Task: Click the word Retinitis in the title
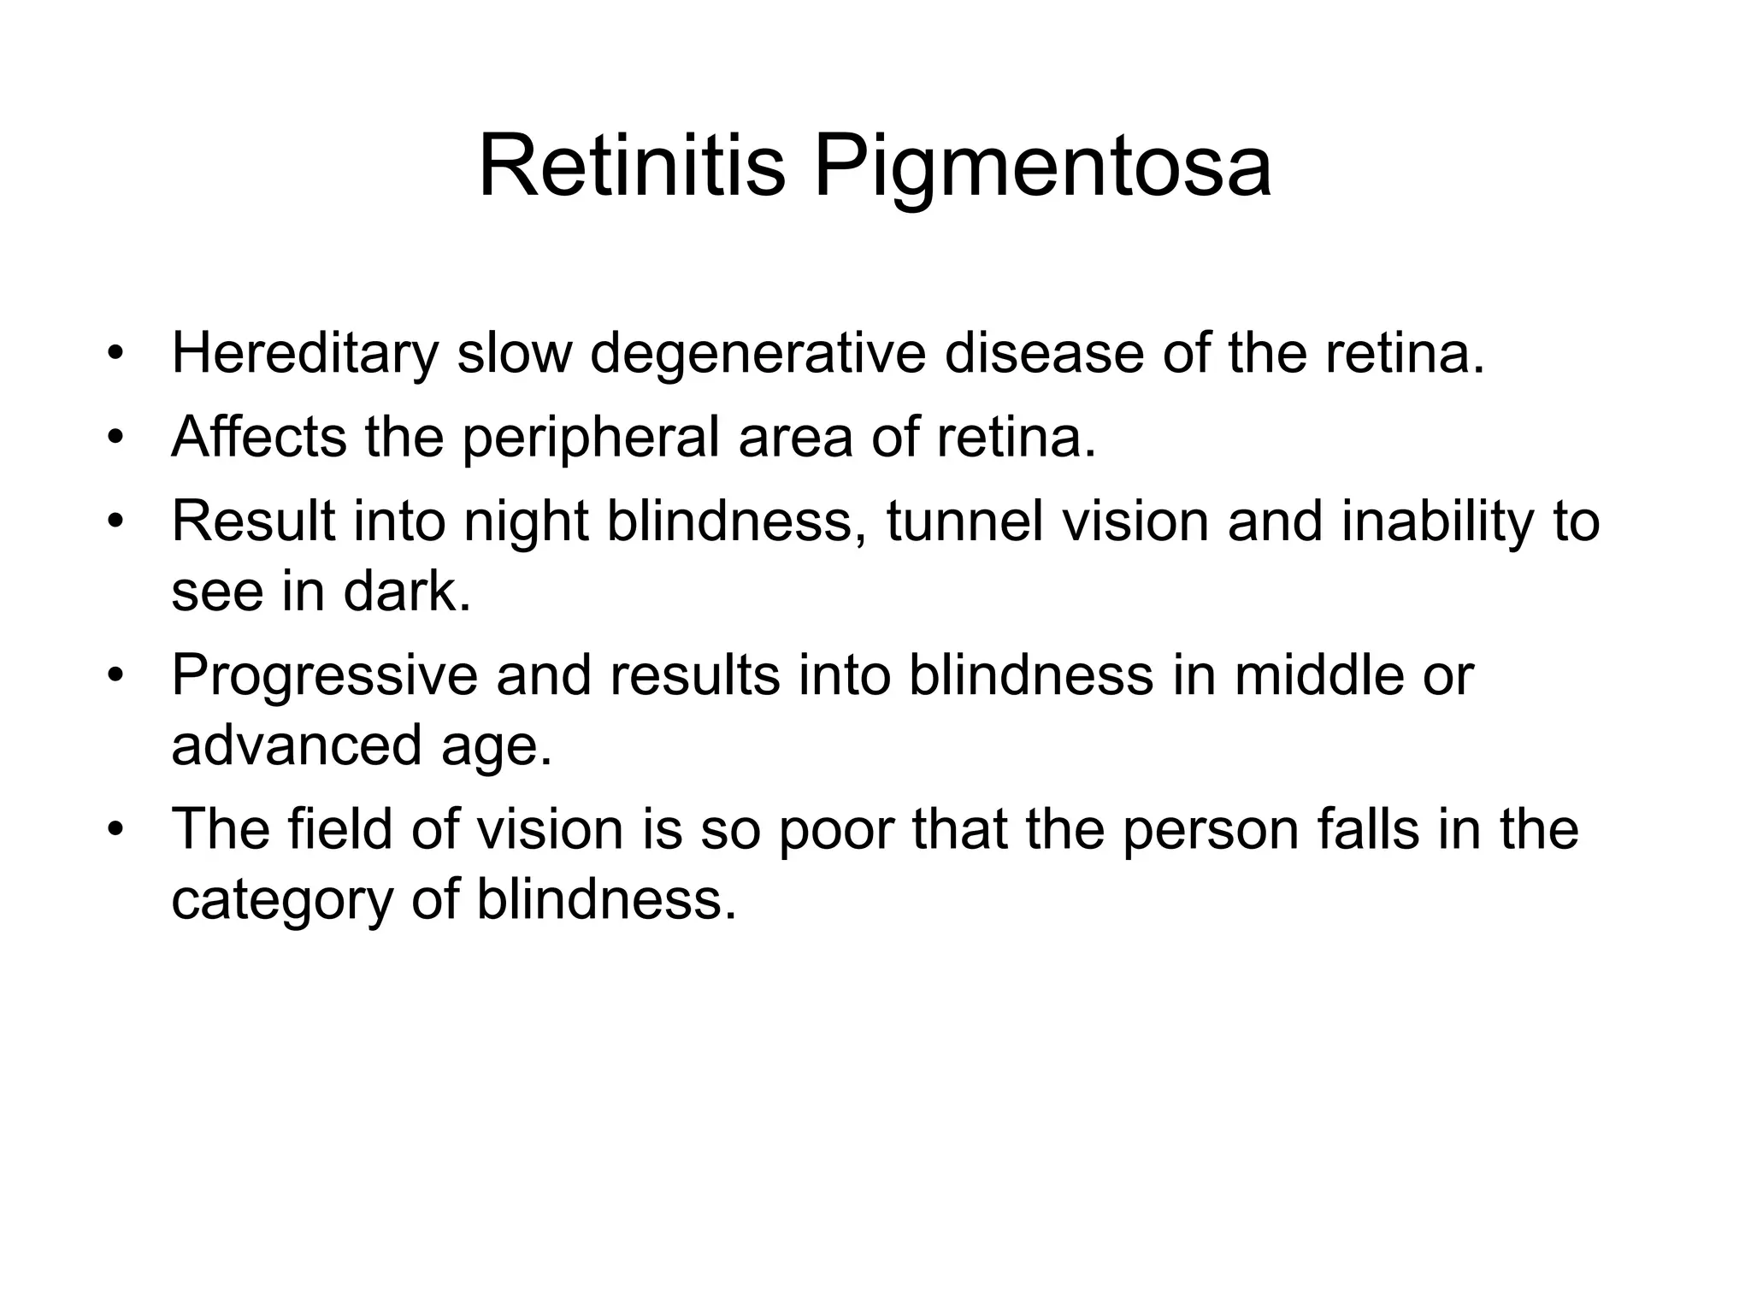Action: click(631, 167)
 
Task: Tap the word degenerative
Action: click(758, 354)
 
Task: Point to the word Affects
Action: click(258, 436)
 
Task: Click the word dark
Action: click(407, 592)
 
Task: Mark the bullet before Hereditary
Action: click(117, 353)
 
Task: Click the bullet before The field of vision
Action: click(117, 830)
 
